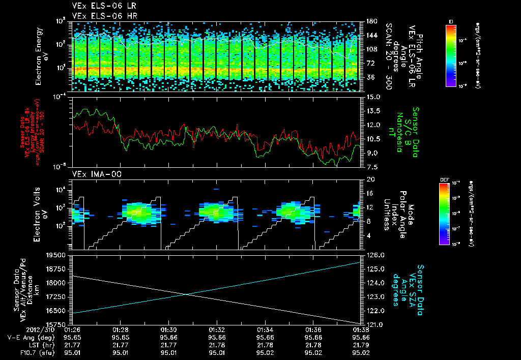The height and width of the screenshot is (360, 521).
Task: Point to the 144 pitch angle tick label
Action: point(371,36)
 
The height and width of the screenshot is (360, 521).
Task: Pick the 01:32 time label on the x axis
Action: point(217,329)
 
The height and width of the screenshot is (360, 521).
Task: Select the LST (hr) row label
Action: point(37,345)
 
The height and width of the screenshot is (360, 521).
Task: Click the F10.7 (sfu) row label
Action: point(34,352)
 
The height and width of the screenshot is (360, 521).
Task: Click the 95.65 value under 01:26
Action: point(72,337)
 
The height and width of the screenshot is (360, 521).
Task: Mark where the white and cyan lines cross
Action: point(186,294)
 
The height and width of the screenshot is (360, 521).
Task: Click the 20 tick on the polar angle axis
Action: point(370,179)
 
